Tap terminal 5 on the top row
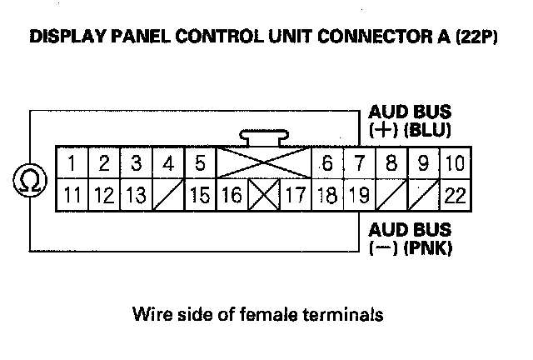point(200,162)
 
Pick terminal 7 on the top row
point(360,162)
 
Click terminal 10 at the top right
point(454,162)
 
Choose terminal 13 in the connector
point(136,197)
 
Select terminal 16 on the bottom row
point(232,197)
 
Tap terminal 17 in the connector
point(295,197)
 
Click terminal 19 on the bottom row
point(359,197)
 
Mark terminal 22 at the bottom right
point(454,197)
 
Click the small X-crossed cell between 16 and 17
point(264,197)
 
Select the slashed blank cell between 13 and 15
point(168,197)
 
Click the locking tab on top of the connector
point(264,137)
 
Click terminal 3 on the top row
point(136,162)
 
